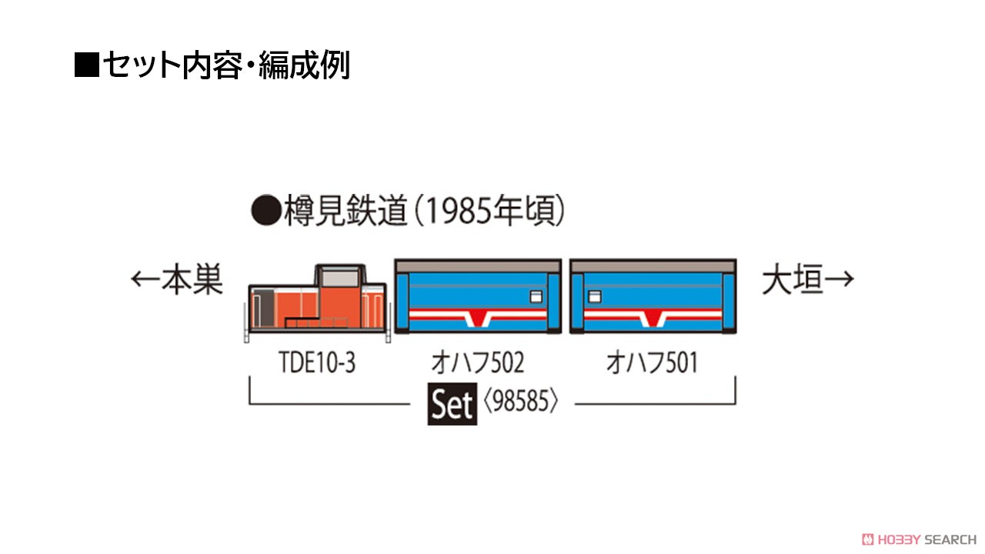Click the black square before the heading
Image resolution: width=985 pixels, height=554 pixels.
click(x=87, y=65)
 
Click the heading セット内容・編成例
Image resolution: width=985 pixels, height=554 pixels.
click(x=226, y=65)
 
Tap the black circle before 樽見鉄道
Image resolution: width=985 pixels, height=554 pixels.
click(x=266, y=211)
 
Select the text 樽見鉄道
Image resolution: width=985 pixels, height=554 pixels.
click(x=346, y=211)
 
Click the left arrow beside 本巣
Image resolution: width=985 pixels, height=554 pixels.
click(x=145, y=279)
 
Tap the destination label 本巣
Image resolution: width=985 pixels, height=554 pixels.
click(x=192, y=279)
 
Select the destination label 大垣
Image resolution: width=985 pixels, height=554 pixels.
click(x=792, y=281)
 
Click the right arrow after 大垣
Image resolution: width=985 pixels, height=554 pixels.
click(x=839, y=279)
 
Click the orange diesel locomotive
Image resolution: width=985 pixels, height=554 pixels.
click(x=317, y=302)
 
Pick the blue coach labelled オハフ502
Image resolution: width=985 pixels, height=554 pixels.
click(x=478, y=296)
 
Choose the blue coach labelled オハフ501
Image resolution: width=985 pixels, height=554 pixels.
click(x=653, y=296)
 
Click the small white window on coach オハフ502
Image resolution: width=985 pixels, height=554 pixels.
click(x=536, y=297)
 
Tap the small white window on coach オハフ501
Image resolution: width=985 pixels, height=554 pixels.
click(x=595, y=297)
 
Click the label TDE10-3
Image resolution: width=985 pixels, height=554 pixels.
click(x=317, y=362)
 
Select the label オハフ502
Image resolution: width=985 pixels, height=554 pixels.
click(x=478, y=362)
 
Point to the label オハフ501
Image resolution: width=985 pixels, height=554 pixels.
click(x=652, y=362)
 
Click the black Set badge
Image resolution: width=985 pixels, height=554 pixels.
click(x=452, y=404)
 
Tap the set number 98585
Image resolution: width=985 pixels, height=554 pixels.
click(x=521, y=401)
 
